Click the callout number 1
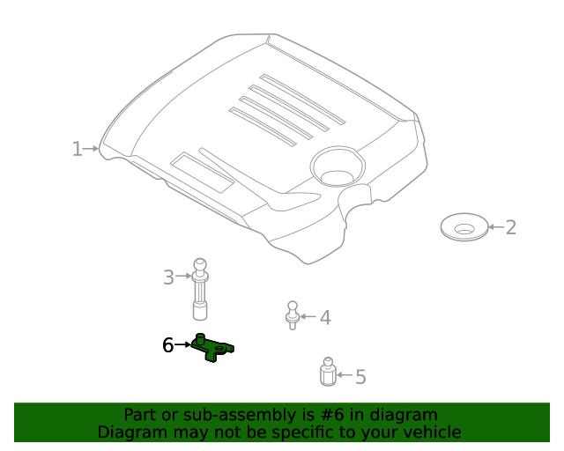point(77,149)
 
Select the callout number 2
point(511,227)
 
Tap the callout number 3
point(168,277)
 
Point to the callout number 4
point(325,318)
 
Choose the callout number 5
point(360,376)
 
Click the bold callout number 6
point(168,345)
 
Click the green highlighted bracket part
point(212,347)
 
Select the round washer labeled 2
point(464,227)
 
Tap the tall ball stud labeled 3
point(200,289)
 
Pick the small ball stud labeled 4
point(293,315)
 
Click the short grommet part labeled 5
point(328,372)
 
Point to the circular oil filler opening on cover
point(338,166)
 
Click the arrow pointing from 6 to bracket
point(182,344)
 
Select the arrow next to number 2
point(496,227)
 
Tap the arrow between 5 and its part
point(345,374)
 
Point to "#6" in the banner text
point(331,415)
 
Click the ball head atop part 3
point(200,265)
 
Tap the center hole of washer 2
point(464,229)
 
